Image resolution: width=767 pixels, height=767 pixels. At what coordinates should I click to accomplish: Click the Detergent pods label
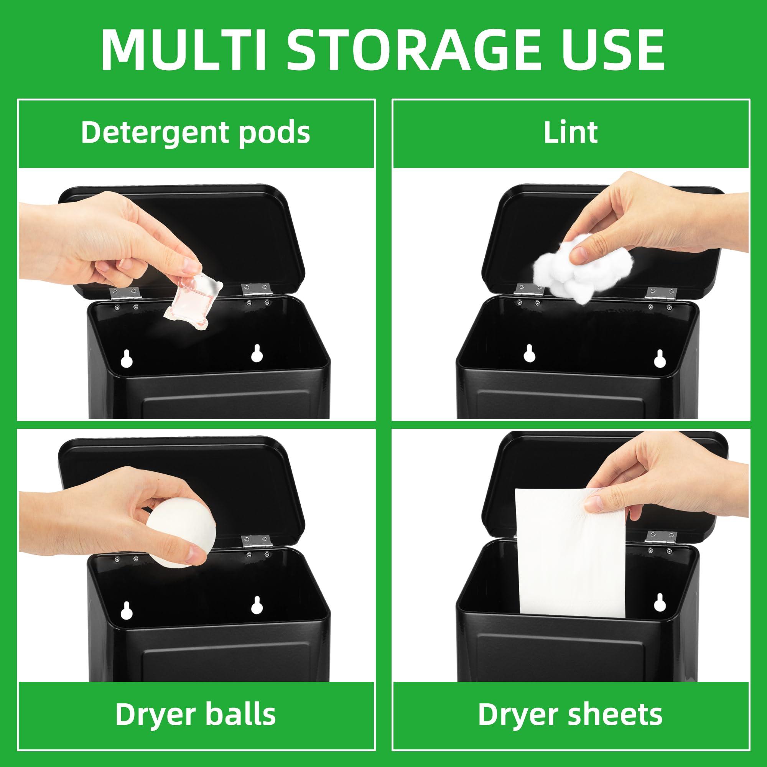pyautogui.click(x=195, y=133)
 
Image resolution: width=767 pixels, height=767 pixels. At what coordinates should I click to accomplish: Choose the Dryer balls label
pyautogui.click(x=195, y=714)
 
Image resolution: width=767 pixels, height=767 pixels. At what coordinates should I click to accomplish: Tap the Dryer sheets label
pyautogui.click(x=571, y=714)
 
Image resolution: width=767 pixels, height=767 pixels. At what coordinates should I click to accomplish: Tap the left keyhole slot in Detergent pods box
pyautogui.click(x=126, y=359)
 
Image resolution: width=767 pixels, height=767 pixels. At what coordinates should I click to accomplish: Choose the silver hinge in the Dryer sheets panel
pyautogui.click(x=659, y=537)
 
